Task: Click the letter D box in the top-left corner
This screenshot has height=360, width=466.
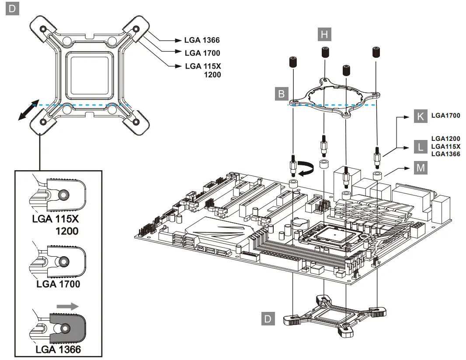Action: click(12, 9)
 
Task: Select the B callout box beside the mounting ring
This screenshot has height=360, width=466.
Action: click(282, 94)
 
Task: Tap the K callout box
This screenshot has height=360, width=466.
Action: click(421, 116)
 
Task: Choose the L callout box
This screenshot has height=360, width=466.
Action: click(421, 147)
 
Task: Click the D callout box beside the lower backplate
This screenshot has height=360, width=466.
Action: click(268, 319)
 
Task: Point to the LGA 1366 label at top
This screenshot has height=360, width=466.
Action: click(202, 40)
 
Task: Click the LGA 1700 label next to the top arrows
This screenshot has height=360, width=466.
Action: click(202, 53)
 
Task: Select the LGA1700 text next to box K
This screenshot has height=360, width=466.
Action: click(445, 116)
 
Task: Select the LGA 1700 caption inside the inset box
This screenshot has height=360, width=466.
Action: click(58, 284)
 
